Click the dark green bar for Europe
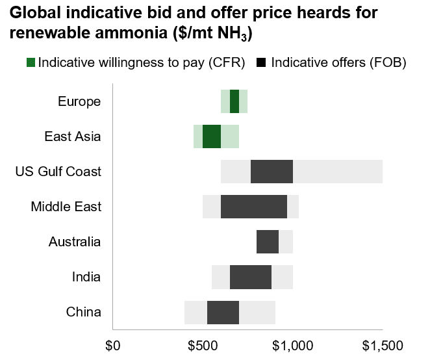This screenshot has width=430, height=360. click(234, 101)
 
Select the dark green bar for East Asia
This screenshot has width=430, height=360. click(212, 136)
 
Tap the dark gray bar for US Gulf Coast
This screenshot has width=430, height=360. click(272, 172)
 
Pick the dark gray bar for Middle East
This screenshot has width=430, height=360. click(254, 207)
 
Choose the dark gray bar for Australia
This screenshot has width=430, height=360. click(268, 242)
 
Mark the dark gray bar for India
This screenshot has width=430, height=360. click(251, 277)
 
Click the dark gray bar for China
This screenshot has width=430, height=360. click(223, 312)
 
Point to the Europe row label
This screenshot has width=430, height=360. click(79, 101)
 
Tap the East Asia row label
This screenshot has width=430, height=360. click(73, 136)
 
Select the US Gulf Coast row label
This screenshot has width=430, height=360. click(58, 172)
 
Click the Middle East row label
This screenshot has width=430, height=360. click(66, 207)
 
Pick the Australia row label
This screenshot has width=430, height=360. click(75, 242)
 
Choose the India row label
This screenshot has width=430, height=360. click(86, 277)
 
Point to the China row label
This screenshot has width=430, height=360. click(84, 312)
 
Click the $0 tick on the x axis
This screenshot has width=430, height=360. click(113, 345)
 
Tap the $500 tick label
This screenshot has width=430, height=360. click(203, 345)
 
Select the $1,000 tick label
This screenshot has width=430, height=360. click(293, 345)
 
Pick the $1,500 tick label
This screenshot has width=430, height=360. click(382, 345)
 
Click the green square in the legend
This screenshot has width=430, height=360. click(31, 62)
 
